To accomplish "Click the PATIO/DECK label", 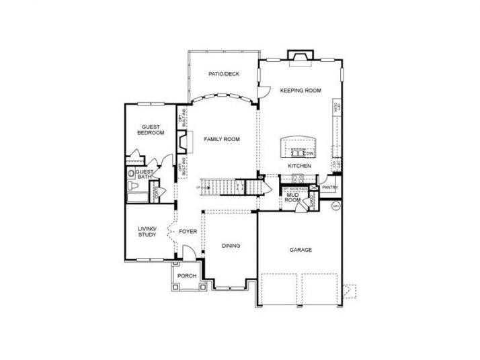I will click(225, 75).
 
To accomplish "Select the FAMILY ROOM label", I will click(223, 139).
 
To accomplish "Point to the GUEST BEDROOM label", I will click(151, 130).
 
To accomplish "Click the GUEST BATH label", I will click(145, 175).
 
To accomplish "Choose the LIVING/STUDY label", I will click(147, 232).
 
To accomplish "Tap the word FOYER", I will click(188, 232).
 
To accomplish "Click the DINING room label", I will click(231, 246).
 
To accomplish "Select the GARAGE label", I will click(301, 250).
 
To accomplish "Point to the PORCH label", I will click(186, 276).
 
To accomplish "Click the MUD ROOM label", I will click(292, 197).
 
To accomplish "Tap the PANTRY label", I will click(329, 188).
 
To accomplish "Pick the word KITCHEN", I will click(298, 165).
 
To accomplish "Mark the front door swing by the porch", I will click(190, 252).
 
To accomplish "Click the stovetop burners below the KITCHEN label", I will click(298, 177).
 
